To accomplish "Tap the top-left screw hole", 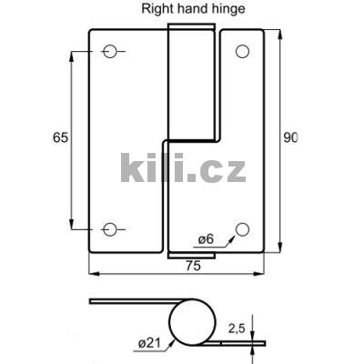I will click(110, 52).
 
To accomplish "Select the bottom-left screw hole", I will click(110, 229).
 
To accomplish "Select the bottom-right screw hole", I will click(242, 229).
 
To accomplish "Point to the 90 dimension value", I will click(290, 138).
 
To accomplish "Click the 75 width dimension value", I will click(193, 267).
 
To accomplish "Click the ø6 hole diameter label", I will click(206, 239).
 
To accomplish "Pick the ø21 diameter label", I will click(151, 342).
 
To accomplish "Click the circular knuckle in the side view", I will click(194, 324).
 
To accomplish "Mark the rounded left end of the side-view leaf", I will click(92, 301).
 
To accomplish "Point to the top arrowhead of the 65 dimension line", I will click(71, 56).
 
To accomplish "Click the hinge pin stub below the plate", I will click(191, 256).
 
